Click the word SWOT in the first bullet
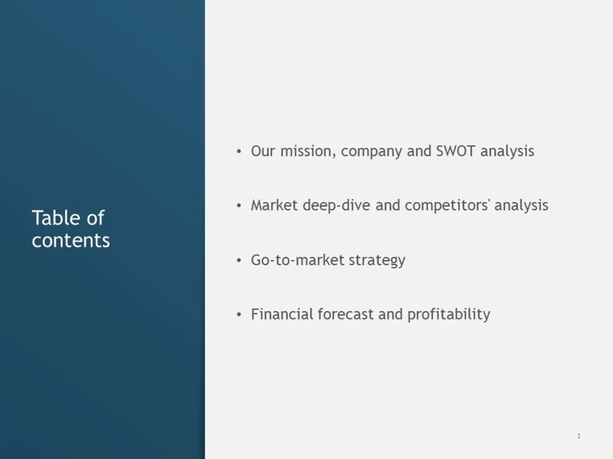click(x=455, y=151)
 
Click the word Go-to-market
click(x=297, y=260)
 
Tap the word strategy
click(x=377, y=260)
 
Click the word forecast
click(x=345, y=314)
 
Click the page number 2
click(x=578, y=436)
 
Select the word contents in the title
click(x=70, y=240)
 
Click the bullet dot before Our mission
click(x=239, y=152)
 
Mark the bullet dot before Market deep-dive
click(x=239, y=206)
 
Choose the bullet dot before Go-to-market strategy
click(x=239, y=261)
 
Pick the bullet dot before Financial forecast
click(x=239, y=315)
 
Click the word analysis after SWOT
click(x=507, y=151)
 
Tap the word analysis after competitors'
click(x=521, y=205)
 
